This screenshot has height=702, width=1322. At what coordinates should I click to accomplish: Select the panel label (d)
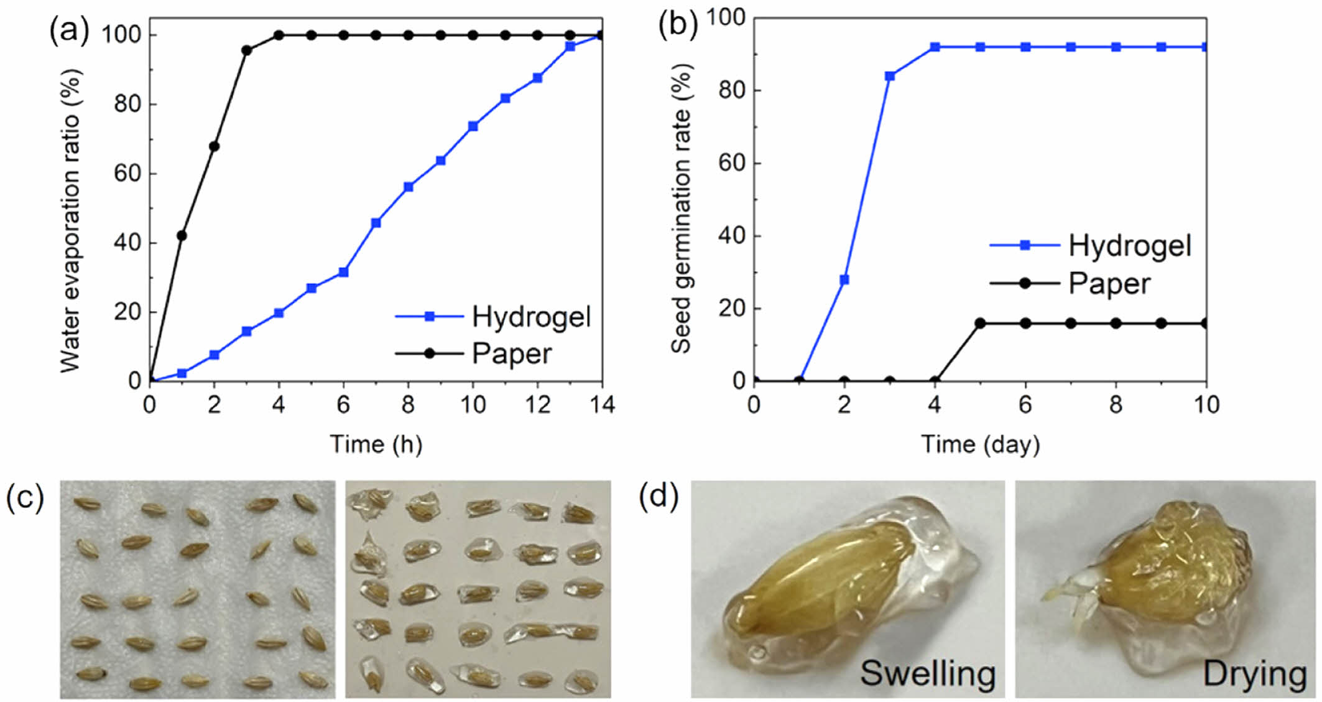(659, 498)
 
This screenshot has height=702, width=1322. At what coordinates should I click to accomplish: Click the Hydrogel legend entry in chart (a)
(530, 317)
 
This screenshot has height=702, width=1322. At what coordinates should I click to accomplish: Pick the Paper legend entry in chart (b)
(1109, 284)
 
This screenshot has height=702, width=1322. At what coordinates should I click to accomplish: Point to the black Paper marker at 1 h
(182, 235)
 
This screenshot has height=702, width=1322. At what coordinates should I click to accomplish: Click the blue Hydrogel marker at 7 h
(376, 223)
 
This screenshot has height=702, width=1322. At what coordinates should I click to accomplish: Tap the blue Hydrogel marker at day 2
(844, 279)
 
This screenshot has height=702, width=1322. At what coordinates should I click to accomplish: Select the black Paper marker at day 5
(980, 323)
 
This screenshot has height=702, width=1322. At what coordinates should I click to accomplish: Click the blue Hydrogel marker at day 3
(889, 76)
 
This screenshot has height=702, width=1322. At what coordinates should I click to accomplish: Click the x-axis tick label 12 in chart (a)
(537, 406)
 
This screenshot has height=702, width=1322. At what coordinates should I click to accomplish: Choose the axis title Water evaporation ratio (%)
(71, 220)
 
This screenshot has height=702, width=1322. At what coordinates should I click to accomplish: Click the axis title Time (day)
(980, 444)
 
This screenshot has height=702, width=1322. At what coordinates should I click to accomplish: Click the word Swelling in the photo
(928, 673)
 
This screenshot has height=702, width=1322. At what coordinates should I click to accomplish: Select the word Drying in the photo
(1254, 673)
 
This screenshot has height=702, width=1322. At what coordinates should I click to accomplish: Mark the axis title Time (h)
(376, 444)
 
